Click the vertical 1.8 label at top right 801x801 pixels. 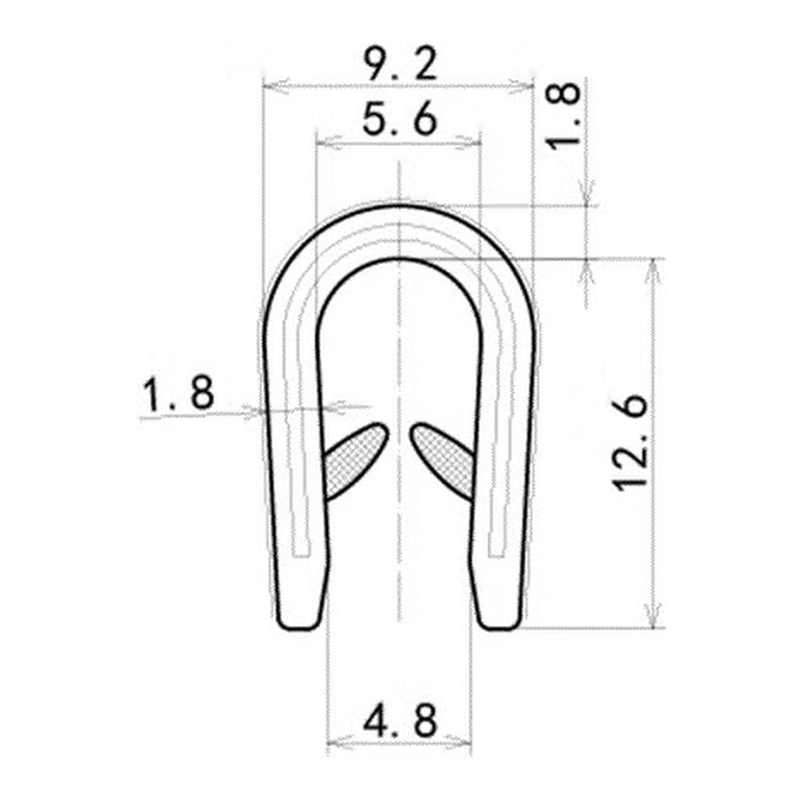563,116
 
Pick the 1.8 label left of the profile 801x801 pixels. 178,393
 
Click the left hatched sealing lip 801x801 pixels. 356,461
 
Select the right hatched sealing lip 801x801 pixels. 443,461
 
